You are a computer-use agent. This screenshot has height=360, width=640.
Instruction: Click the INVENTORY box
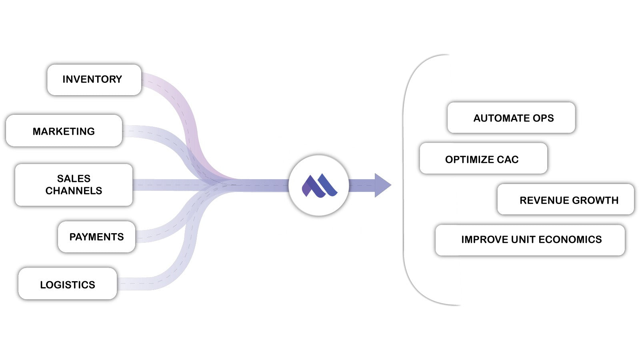point(94,80)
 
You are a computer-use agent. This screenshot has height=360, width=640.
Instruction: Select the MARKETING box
point(64,131)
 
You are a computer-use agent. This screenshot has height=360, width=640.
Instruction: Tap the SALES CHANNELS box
point(74,184)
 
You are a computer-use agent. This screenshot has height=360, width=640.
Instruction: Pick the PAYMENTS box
point(96,237)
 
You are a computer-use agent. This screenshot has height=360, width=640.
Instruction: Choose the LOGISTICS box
point(68,284)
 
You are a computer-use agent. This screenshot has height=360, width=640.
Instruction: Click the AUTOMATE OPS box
point(511,118)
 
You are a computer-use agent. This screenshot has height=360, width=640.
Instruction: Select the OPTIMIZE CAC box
point(483,159)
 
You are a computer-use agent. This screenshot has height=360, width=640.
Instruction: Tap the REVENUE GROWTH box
point(566,200)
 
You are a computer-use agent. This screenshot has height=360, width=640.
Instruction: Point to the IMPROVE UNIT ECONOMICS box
point(530,240)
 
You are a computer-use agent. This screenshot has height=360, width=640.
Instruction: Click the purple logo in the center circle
point(319,186)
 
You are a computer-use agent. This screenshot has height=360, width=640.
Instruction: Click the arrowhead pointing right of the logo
point(382,185)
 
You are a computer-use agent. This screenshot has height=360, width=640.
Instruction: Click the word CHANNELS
point(74,191)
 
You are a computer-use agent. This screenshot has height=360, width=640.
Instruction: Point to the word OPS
point(543,118)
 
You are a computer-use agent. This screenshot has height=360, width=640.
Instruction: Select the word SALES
point(74,178)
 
